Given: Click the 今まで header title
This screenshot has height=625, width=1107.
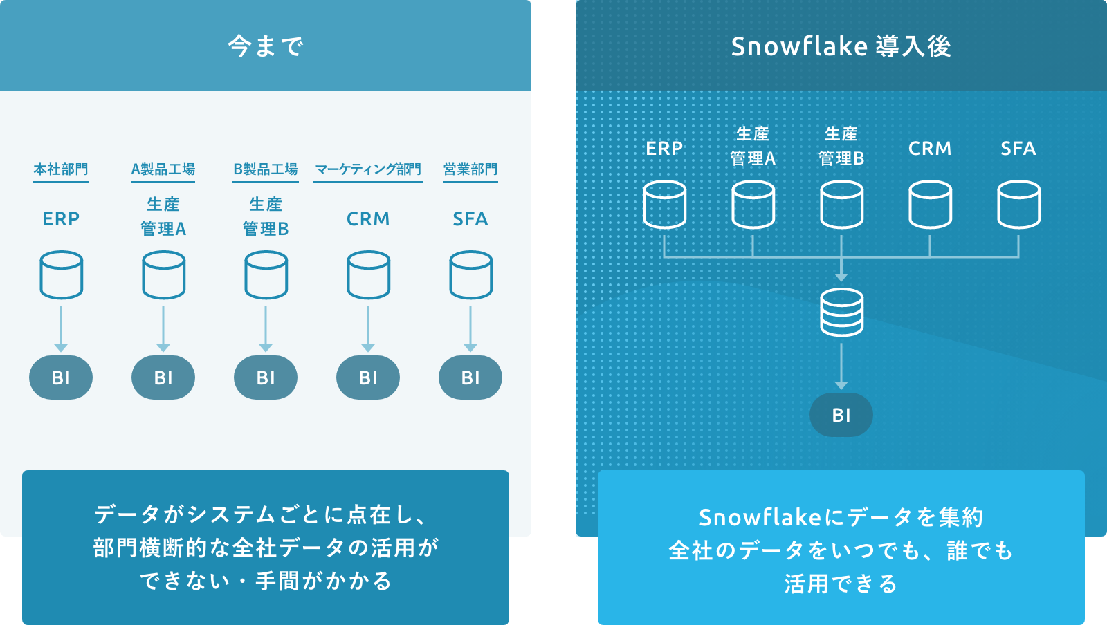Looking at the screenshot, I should pyautogui.click(x=266, y=46).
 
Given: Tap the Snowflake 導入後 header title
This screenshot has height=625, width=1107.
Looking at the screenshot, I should pyautogui.click(x=841, y=46).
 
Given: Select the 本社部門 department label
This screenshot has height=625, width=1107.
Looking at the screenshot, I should pyautogui.click(x=61, y=169).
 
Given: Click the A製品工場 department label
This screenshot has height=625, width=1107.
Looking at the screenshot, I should pyautogui.click(x=163, y=169).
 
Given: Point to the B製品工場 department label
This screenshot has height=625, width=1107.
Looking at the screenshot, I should pyautogui.click(x=266, y=169).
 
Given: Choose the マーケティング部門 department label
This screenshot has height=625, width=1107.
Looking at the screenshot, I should pyautogui.click(x=368, y=169).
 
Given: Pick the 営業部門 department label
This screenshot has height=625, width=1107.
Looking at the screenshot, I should pyautogui.click(x=470, y=169).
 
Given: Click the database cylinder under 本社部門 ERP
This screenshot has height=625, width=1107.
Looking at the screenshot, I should pyautogui.click(x=62, y=274).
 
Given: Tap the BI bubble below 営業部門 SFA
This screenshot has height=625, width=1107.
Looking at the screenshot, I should pyautogui.click(x=470, y=377).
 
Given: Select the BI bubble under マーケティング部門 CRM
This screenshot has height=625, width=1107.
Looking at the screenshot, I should pyautogui.click(x=368, y=377).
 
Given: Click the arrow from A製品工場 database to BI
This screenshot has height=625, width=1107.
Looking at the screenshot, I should pyautogui.click(x=163, y=328).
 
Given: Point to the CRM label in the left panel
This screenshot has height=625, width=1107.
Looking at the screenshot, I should pyautogui.click(x=368, y=219).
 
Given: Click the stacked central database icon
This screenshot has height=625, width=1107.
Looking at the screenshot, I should pyautogui.click(x=841, y=312).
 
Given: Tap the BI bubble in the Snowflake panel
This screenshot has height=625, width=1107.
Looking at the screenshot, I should pyautogui.click(x=841, y=415).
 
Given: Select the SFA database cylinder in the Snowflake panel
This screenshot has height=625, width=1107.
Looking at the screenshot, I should pyautogui.click(x=1018, y=204).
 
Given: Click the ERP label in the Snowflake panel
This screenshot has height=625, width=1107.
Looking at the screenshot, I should pyautogui.click(x=664, y=149).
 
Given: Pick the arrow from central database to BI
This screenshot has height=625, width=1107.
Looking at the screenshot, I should pyautogui.click(x=841, y=366).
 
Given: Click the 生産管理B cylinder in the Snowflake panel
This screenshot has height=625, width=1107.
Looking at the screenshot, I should pyautogui.click(x=841, y=204).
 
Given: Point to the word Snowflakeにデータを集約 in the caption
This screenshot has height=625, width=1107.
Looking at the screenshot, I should pyautogui.click(x=841, y=517).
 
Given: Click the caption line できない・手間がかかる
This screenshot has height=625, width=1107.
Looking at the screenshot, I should pyautogui.click(x=266, y=581).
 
